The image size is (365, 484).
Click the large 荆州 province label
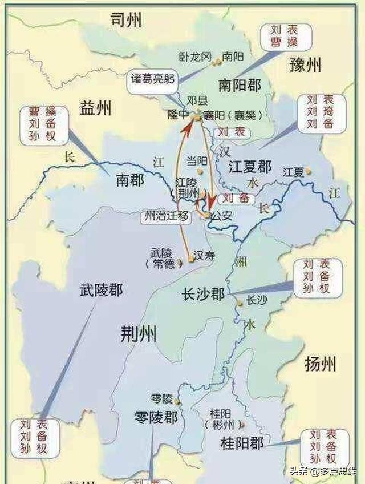point(139,334)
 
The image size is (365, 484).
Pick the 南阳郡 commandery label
point(240,86)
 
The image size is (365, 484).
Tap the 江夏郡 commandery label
point(250,167)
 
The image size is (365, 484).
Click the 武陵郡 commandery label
point(101,291)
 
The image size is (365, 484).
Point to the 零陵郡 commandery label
point(156,418)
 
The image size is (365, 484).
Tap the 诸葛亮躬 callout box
point(151,79)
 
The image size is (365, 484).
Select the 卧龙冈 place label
point(196,57)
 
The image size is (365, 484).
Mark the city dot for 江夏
point(309,170)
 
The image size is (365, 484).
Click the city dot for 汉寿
point(191,260)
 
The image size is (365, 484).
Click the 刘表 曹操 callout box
point(286,37)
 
